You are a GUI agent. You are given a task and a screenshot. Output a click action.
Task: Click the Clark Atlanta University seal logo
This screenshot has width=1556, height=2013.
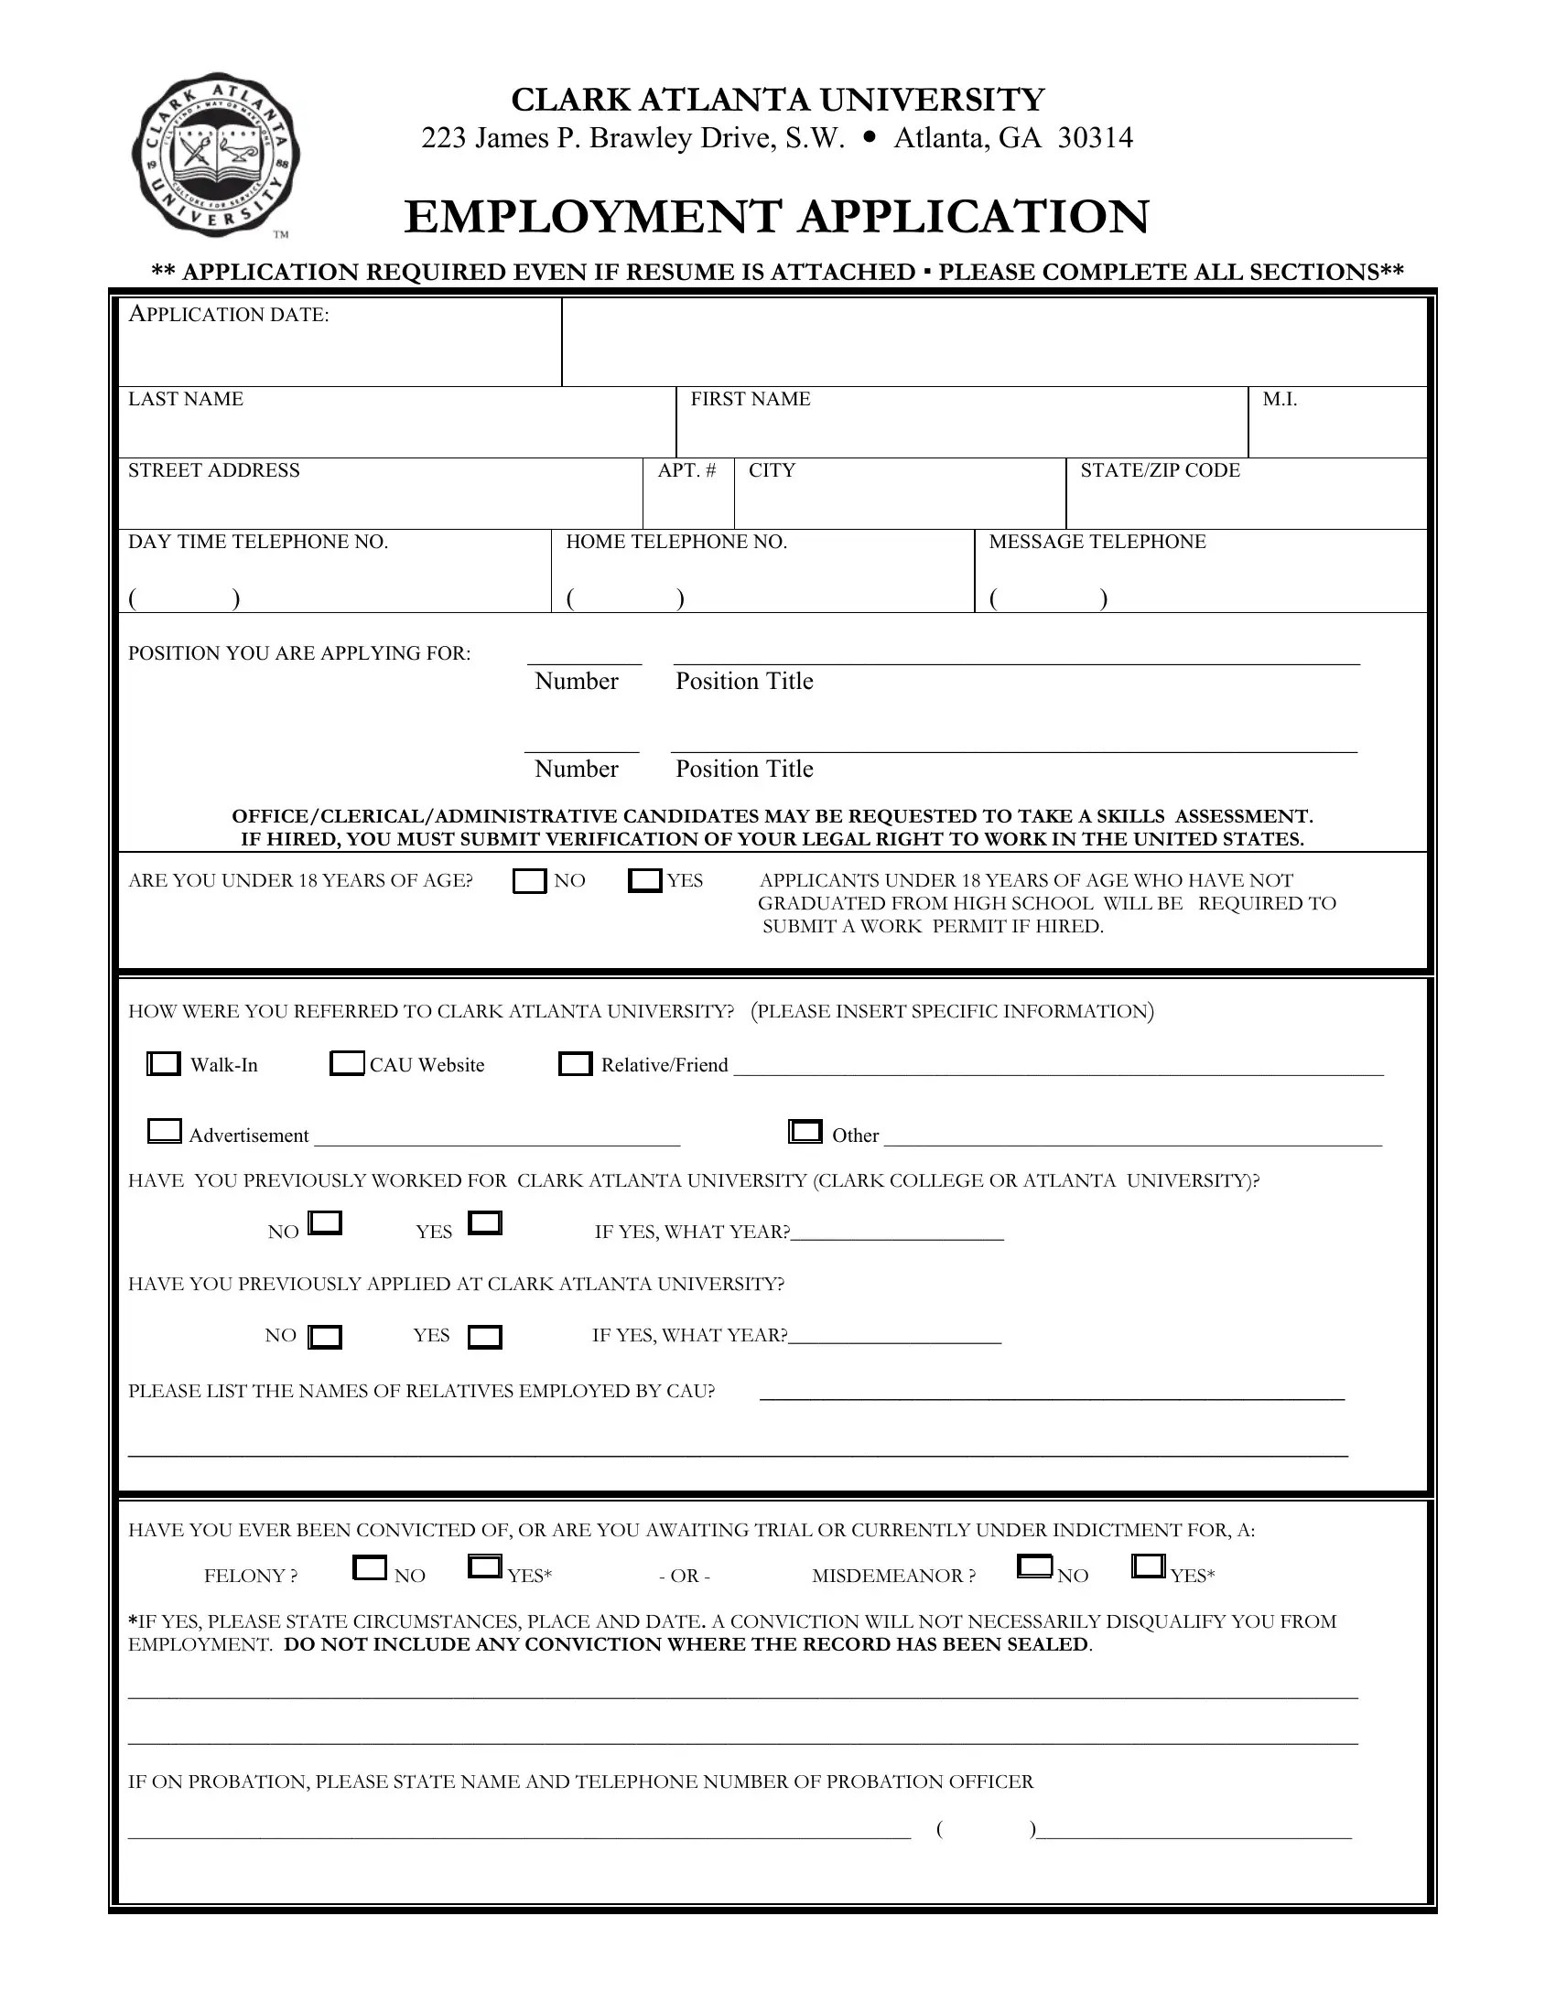click(216, 155)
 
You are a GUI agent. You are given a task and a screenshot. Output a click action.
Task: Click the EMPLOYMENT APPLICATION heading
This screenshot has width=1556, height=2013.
click(776, 217)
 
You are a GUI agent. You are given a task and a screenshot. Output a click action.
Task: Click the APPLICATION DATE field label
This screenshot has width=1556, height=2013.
click(229, 316)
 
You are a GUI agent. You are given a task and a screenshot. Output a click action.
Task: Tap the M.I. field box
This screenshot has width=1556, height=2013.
click(1336, 422)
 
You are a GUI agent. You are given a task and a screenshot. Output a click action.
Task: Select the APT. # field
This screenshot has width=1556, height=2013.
click(687, 494)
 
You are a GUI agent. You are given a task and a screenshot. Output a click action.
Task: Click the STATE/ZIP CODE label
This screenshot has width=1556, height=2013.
click(1160, 471)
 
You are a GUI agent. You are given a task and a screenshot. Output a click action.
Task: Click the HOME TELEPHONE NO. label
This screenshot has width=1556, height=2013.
click(676, 542)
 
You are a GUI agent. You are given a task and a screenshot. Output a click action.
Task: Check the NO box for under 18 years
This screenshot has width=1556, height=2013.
click(529, 881)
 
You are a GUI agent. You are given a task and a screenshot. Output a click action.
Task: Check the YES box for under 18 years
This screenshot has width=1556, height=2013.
click(644, 880)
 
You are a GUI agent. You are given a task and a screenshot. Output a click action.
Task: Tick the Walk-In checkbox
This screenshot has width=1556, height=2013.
click(164, 1063)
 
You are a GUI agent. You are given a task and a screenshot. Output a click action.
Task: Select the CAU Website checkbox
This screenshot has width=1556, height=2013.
click(347, 1063)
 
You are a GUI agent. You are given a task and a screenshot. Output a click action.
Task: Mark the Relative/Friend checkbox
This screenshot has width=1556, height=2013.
click(575, 1063)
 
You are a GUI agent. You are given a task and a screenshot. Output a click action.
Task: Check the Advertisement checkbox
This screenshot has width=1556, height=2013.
click(164, 1131)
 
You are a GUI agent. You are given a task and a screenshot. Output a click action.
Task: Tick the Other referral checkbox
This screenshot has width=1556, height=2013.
click(805, 1131)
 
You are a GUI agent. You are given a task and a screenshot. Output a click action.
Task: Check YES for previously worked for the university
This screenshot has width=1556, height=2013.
click(485, 1223)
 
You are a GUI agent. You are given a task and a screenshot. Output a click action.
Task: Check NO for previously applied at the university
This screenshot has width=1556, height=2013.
click(325, 1337)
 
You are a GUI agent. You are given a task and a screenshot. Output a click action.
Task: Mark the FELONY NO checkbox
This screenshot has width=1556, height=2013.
click(370, 1566)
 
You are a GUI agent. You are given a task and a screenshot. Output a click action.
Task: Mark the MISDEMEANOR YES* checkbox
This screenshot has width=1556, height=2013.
click(1148, 1566)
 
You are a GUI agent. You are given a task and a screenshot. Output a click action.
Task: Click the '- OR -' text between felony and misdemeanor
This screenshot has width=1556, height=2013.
click(684, 1577)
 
